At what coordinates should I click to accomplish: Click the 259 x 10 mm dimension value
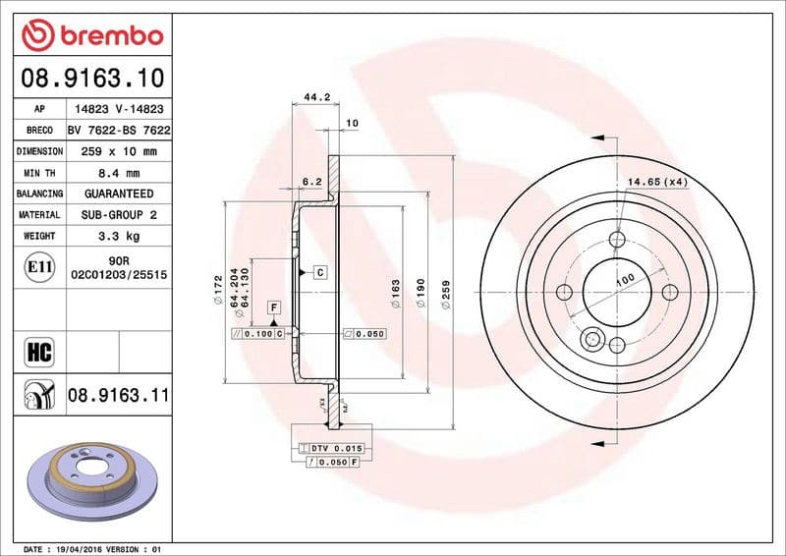(x=119, y=151)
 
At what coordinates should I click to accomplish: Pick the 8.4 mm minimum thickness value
(x=119, y=173)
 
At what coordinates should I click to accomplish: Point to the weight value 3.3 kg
(x=119, y=236)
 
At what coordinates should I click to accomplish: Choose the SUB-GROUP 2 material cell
(x=119, y=214)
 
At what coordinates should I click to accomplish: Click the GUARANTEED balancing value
(x=119, y=194)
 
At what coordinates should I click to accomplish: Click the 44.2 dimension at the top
(x=315, y=97)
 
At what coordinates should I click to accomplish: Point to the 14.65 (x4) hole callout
(x=657, y=182)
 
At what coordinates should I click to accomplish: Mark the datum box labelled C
(x=320, y=271)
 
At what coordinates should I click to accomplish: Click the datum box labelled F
(x=272, y=308)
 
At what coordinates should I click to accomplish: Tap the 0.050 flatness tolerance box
(x=365, y=334)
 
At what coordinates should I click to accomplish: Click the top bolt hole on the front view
(x=617, y=240)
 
